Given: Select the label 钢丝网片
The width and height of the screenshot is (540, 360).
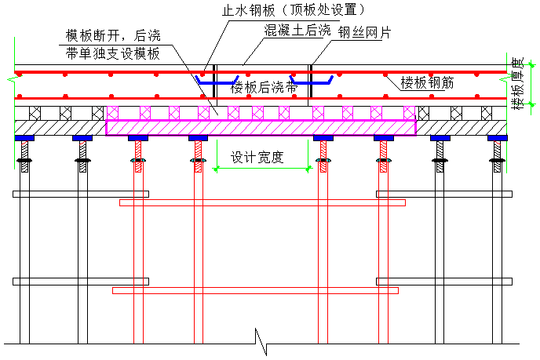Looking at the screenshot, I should (366, 32).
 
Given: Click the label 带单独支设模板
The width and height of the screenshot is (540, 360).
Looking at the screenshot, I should (113, 54).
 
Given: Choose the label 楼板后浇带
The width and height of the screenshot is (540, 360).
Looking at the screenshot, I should (264, 89).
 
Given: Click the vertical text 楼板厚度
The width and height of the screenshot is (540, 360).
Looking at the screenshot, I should (516, 83).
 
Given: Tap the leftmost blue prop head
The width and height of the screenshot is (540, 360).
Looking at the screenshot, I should (24, 139).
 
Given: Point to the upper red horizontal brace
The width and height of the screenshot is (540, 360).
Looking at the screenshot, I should (262, 202).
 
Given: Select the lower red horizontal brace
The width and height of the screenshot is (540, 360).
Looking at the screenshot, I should (256, 290).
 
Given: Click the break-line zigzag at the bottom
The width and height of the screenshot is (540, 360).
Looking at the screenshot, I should (261, 340).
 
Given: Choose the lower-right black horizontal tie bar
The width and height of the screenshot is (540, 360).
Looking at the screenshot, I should (443, 281).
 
